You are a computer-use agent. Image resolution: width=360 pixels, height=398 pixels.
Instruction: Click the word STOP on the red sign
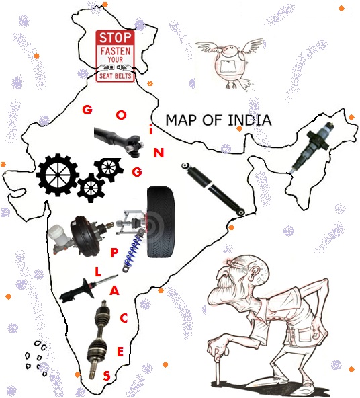[116, 38]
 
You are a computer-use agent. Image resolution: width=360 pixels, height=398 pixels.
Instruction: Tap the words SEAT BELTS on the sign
[116, 76]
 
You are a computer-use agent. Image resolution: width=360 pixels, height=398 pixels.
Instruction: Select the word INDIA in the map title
[250, 120]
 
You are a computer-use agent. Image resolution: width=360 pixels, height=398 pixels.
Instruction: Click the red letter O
[121, 115]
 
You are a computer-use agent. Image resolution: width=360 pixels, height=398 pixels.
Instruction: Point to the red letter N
[159, 153]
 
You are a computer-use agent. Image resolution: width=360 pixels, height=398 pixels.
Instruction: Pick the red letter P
[114, 253]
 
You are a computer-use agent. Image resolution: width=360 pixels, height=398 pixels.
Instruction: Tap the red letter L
[98, 272]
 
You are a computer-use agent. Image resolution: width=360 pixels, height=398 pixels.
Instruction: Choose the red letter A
[115, 290]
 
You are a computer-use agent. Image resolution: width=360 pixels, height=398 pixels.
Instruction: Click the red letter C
[124, 318]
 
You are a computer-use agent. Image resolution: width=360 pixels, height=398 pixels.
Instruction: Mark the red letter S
[107, 376]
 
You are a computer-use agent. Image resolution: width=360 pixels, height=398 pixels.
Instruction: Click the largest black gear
[58, 175]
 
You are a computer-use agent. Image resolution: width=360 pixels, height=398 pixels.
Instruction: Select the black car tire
[161, 223]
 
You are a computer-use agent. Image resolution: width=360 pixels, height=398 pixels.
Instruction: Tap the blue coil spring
[134, 250]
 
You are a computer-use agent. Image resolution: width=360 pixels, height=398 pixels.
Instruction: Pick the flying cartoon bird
[230, 63]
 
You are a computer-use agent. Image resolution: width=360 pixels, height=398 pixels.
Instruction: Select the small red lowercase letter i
[151, 131]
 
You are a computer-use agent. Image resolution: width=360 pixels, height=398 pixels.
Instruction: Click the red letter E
[120, 352]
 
